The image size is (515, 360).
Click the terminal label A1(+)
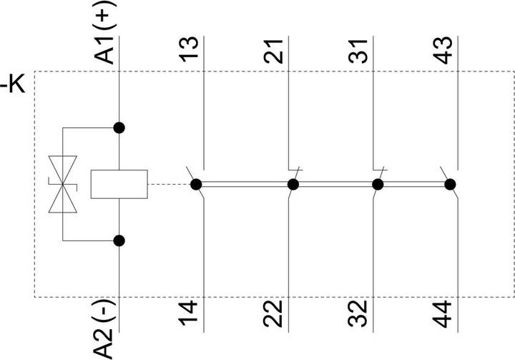pyautogui.click(x=104, y=32)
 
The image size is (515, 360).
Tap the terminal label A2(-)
pyautogui.click(x=104, y=329)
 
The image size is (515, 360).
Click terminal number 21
pyautogui.click(x=273, y=51)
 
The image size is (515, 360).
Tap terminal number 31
pyautogui.click(x=358, y=51)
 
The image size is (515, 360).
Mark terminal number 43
pyautogui.click(x=443, y=50)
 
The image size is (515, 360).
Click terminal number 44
pyautogui.click(x=443, y=314)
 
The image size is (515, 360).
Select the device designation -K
pyautogui.click(x=12, y=85)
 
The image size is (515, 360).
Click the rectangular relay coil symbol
pyautogui.click(x=119, y=184)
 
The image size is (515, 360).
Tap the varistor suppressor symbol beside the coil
pyautogui.click(x=63, y=184)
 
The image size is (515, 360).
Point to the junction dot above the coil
pyautogui.click(x=119, y=127)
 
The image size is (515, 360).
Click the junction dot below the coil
pyautogui.click(x=119, y=240)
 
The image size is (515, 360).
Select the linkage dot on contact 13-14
pyautogui.click(x=196, y=185)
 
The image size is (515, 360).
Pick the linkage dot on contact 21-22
pyautogui.click(x=293, y=185)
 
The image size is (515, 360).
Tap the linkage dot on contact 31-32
pyautogui.click(x=378, y=185)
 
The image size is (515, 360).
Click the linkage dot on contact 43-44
pyautogui.click(x=450, y=185)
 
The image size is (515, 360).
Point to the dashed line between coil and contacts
pyautogui.click(x=169, y=185)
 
